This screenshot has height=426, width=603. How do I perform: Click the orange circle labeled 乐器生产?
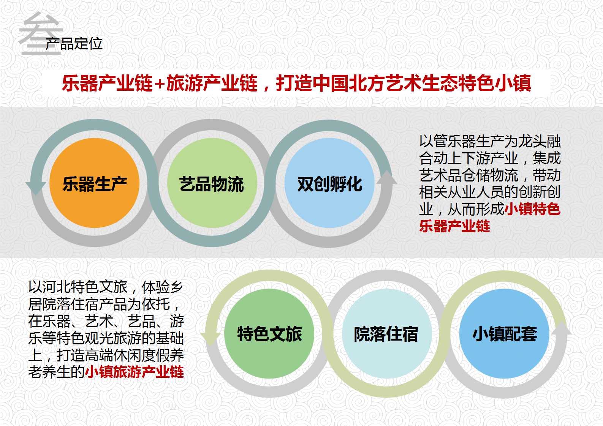(95, 183)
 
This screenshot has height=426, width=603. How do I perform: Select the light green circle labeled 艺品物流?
(212, 183)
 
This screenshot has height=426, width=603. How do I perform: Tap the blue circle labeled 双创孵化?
(329, 183)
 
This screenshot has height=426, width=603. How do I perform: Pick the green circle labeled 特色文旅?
(269, 333)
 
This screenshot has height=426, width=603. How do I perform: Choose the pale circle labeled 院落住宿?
(386, 333)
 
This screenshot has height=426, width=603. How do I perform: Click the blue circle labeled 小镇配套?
(504, 333)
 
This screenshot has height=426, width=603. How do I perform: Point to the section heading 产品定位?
(74, 44)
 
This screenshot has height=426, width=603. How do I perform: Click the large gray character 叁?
(40, 33)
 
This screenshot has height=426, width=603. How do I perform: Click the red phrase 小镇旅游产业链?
(135, 372)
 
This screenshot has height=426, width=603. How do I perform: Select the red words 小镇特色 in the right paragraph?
(532, 209)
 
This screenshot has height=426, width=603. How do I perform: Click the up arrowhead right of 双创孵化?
(387, 177)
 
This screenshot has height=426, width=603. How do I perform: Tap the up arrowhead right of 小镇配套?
(562, 328)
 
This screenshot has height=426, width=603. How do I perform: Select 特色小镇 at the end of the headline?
(495, 83)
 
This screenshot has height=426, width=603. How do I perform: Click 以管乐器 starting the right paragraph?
(447, 141)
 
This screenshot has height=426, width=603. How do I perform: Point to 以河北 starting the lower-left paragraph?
(49, 287)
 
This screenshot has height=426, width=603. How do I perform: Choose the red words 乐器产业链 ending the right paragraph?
(455, 226)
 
